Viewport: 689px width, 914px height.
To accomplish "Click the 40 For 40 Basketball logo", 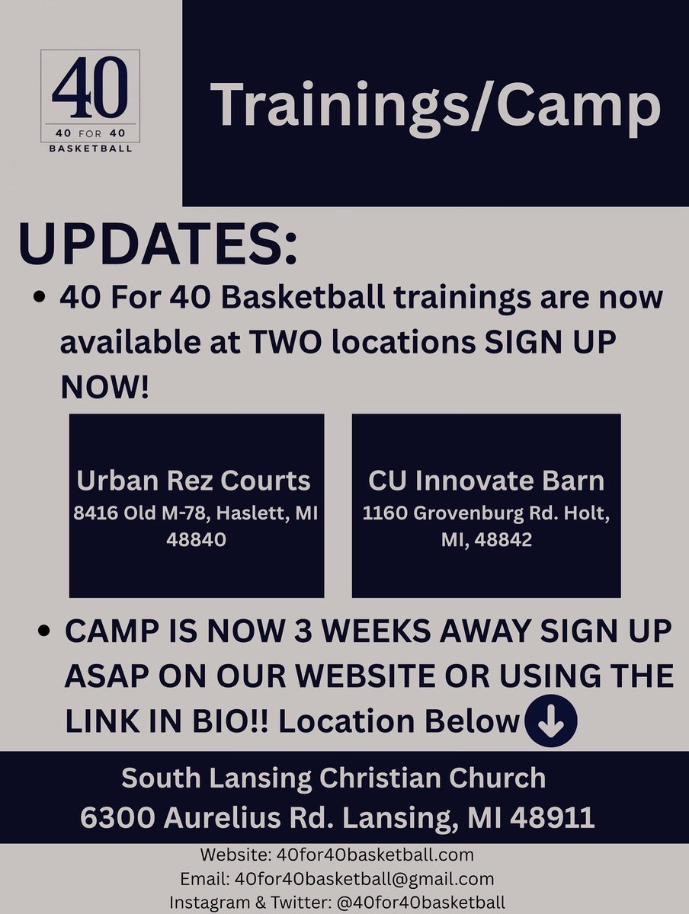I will [90, 100].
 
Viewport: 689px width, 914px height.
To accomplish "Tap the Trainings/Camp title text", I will [434, 104].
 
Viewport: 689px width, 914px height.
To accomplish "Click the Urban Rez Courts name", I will [194, 481].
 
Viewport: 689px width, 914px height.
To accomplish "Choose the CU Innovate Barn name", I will [486, 481].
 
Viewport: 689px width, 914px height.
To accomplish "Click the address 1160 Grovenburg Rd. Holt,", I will [486, 514].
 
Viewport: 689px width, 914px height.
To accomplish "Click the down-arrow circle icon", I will [550, 720].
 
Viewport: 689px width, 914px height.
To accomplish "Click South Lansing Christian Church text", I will [334, 778].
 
